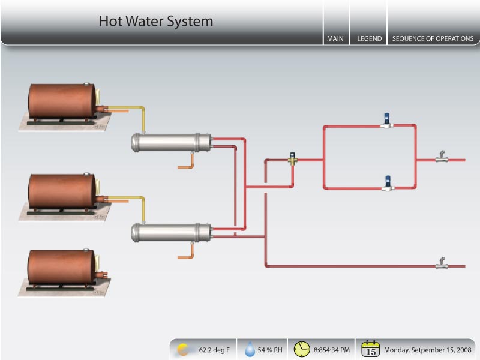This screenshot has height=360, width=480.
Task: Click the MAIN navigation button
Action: coord(335,38)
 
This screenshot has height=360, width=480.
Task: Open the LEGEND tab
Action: coord(369,38)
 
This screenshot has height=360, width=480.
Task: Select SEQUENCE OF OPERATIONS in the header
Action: coord(433,38)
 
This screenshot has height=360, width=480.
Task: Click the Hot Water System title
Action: coord(156,22)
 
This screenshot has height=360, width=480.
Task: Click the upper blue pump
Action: coord(388,119)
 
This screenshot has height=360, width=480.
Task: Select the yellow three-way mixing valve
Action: coord(292,159)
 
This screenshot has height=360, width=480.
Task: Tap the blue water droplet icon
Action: coord(250,349)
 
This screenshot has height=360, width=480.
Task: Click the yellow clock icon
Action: coord(302,349)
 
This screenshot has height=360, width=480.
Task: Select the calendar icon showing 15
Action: coord(371,349)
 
